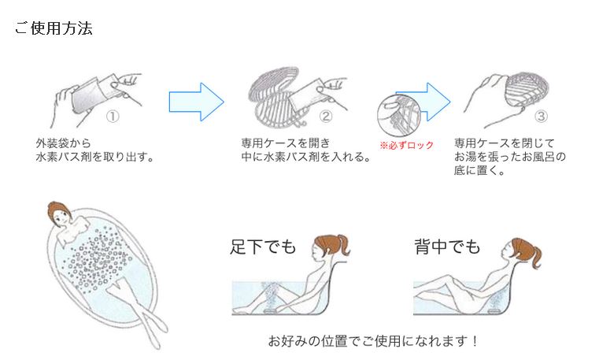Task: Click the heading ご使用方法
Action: [54, 29]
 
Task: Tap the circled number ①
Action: [113, 116]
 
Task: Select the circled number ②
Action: [326, 116]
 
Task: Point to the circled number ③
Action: [541, 116]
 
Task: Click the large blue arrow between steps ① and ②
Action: [196, 101]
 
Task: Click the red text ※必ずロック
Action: [406, 146]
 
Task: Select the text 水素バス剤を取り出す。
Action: [94, 156]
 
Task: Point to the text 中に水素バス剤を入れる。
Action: [305, 156]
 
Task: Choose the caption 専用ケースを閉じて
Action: [505, 143]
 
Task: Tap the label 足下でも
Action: [263, 247]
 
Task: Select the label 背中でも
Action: [446, 247]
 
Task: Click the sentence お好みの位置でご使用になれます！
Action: [373, 341]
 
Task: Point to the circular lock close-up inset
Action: [397, 115]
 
